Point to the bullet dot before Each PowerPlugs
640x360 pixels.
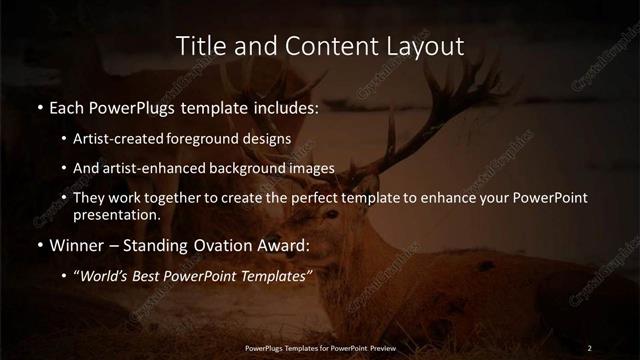(39, 107)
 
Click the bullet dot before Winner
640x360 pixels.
(39, 244)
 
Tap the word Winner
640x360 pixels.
(77, 244)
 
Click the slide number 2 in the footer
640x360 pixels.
(589, 347)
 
